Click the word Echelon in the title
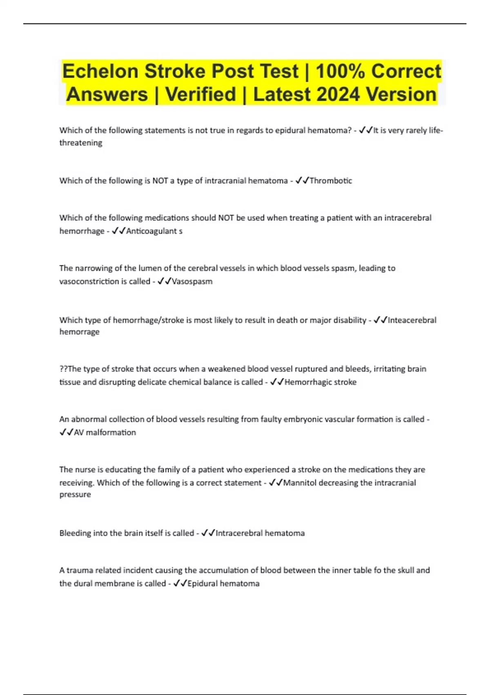tap(100, 71)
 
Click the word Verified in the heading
tap(200, 94)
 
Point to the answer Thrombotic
tap(331, 181)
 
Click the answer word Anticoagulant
tap(151, 231)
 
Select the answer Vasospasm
tap(192, 281)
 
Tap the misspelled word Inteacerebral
tap(412, 320)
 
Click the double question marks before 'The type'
tap(63, 369)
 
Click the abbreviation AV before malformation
tap(79, 433)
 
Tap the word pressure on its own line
tap(75, 495)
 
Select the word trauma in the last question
tap(80, 570)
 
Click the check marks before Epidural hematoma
tap(180, 583)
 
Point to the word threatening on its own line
tap(81, 143)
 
